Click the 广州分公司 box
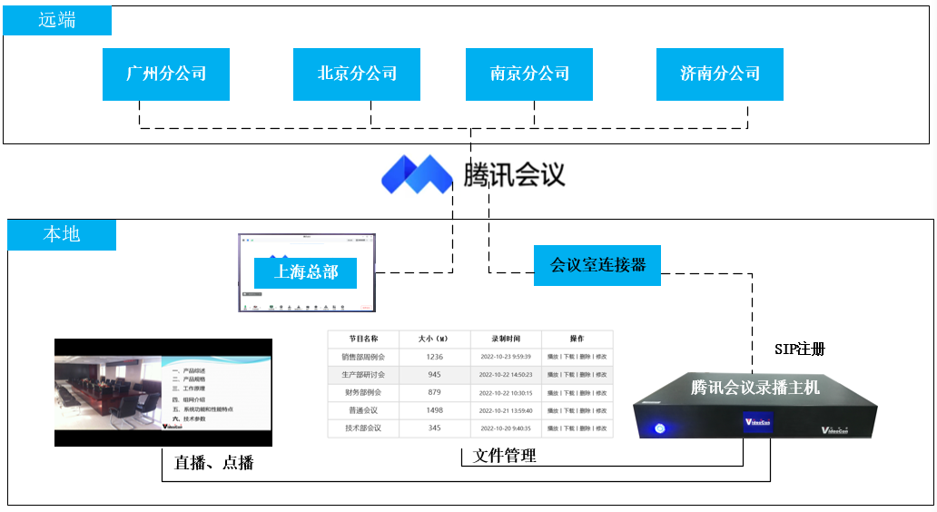coord(166,74)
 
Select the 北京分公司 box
coord(357,74)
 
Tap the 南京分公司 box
coord(529,74)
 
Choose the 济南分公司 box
coord(720,74)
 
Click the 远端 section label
coord(57,20)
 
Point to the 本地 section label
coord(62,234)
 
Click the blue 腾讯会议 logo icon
coord(417,173)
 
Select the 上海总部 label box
coord(306,271)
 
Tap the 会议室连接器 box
coord(597,265)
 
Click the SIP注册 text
coord(799,349)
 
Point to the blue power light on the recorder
coord(660,428)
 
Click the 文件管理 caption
coord(505,456)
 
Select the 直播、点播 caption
coord(213,463)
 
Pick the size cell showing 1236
coord(434,357)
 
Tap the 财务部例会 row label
coord(362,392)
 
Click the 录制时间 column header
coord(507,339)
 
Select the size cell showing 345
coord(434,428)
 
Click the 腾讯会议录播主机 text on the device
coord(755,388)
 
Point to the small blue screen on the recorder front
coord(757,422)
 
